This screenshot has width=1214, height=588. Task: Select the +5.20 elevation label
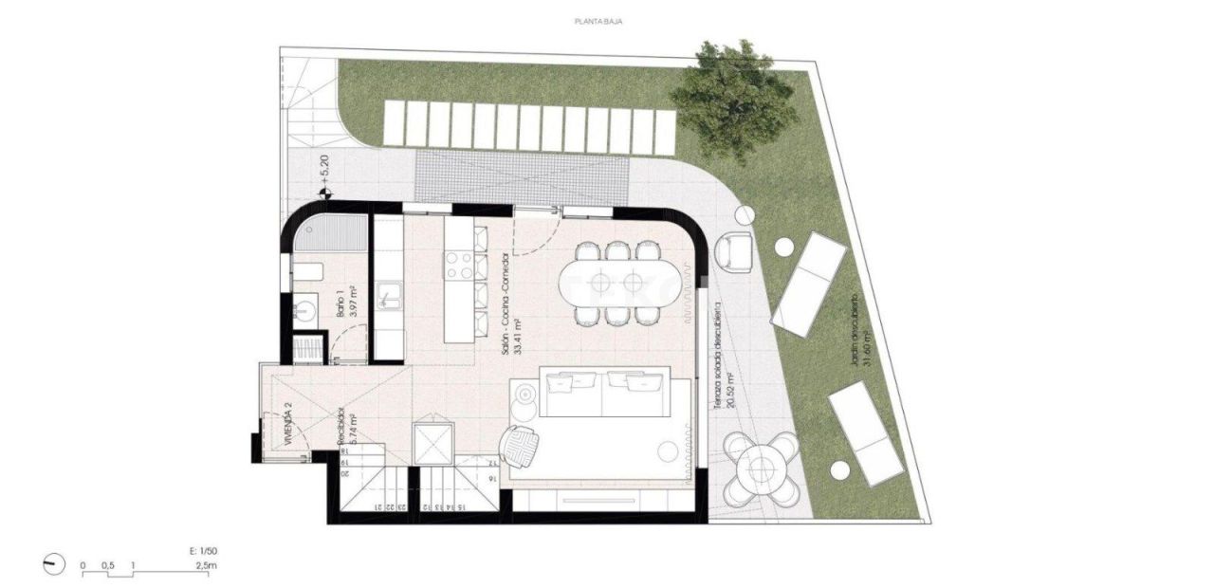point(322,170)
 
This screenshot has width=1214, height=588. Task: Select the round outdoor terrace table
point(761,467)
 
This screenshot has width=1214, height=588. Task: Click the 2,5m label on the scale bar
point(206,566)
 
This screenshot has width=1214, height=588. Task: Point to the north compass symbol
point(55,564)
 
